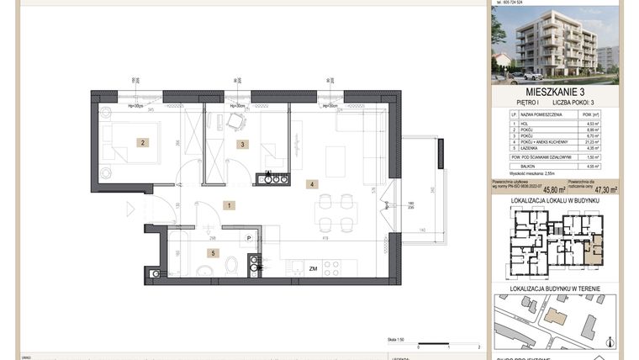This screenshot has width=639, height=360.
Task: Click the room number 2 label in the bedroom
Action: pos(143,143)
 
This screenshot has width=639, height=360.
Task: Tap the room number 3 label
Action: pos(242,145)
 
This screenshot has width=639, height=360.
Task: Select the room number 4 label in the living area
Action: pos(311,183)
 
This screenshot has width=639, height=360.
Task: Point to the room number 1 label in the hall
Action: pos(228,204)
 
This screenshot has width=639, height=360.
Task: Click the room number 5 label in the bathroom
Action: pos(214,252)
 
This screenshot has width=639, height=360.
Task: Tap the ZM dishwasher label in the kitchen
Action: pos(312,268)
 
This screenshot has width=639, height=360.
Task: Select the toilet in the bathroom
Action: pos(231,266)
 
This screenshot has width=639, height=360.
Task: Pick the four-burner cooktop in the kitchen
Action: pos(332,267)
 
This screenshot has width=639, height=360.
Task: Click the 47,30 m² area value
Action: pos(603,190)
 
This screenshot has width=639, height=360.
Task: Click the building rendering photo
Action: pos(556,43)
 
